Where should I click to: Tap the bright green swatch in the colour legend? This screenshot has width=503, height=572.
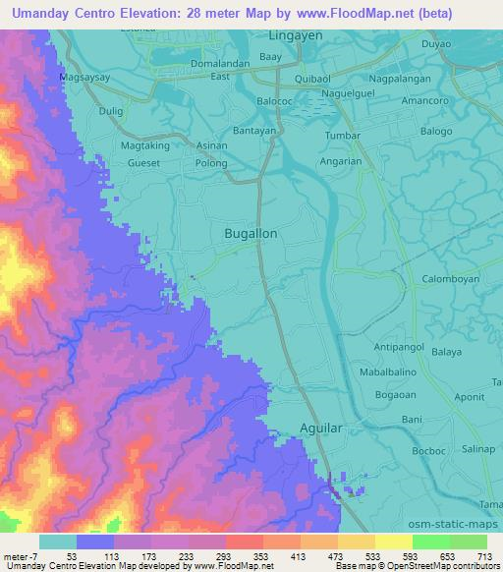tap(431, 542)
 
